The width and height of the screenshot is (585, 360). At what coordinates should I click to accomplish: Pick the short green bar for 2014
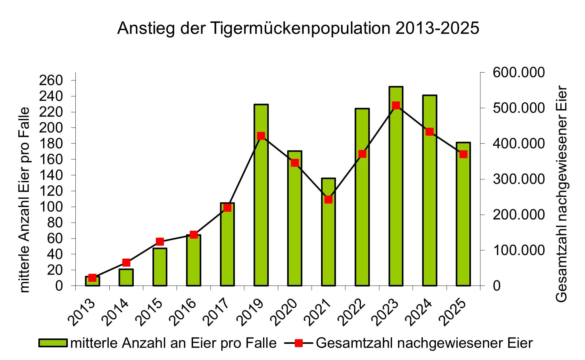pyautogui.click(x=126, y=278)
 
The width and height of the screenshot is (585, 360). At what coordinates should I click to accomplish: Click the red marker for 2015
pyautogui.click(x=160, y=241)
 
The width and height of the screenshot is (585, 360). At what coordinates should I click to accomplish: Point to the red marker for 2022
pyautogui.click(x=362, y=154)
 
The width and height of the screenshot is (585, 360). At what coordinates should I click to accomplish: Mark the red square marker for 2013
pyautogui.click(x=92, y=278)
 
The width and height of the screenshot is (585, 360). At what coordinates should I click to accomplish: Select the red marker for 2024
pyautogui.click(x=429, y=132)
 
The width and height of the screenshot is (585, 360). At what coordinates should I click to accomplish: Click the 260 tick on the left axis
pyautogui.click(x=51, y=80)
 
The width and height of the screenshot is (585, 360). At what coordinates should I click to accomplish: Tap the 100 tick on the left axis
pyautogui.click(x=51, y=207)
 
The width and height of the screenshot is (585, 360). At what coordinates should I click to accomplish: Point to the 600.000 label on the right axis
pyautogui.click(x=518, y=73)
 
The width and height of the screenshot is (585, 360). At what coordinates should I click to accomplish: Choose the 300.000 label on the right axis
pyautogui.click(x=518, y=179)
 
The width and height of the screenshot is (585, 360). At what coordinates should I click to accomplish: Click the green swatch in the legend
pyautogui.click(x=53, y=343)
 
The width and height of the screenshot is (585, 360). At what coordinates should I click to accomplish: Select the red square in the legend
pyautogui.click(x=298, y=343)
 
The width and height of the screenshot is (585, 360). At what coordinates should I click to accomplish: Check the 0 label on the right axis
pyautogui.click(x=497, y=286)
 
